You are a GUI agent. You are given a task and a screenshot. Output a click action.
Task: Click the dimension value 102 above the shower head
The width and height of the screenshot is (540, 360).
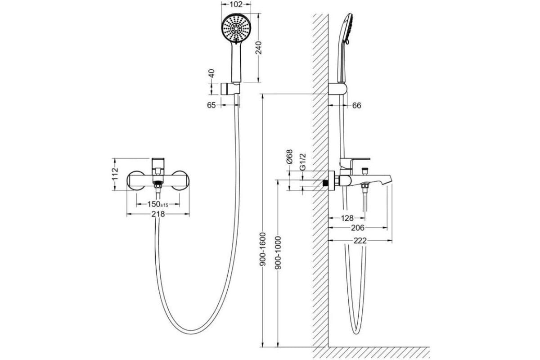tap(236, 5)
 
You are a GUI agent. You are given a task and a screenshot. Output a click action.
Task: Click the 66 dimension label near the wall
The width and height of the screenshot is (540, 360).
tap(356, 105)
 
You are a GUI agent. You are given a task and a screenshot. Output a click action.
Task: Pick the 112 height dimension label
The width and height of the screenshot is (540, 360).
tap(115, 174)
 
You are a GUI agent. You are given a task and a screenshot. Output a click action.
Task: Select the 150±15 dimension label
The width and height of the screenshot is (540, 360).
tap(158, 204)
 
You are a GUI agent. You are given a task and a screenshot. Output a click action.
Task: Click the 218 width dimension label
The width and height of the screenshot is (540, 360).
tap(158, 215)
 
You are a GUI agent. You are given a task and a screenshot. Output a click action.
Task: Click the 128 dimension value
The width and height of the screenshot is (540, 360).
tap(346, 218)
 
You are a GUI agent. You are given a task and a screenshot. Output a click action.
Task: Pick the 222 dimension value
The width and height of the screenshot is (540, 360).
tap(360, 241)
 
